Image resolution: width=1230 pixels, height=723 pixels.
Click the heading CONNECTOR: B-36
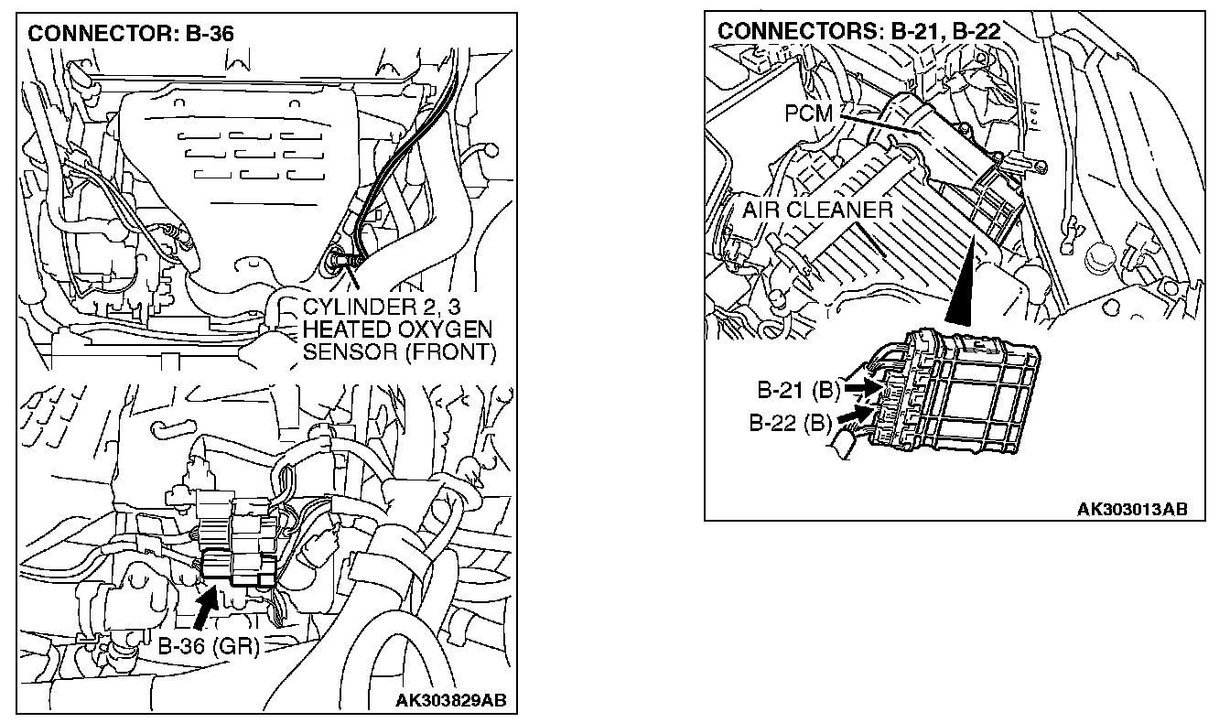(131, 35)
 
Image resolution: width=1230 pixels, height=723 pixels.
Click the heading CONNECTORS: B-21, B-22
(858, 30)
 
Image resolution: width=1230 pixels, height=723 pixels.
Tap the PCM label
(809, 113)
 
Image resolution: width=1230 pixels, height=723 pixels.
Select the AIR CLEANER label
(816, 210)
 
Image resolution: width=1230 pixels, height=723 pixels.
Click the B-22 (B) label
(790, 423)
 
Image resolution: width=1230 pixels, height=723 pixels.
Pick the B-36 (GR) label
(209, 646)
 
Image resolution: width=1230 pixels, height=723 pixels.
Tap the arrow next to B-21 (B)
(859, 389)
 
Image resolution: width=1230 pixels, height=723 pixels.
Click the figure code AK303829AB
(450, 702)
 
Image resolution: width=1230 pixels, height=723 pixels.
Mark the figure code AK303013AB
(1132, 509)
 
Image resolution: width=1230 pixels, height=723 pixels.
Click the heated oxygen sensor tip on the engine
(340, 261)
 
